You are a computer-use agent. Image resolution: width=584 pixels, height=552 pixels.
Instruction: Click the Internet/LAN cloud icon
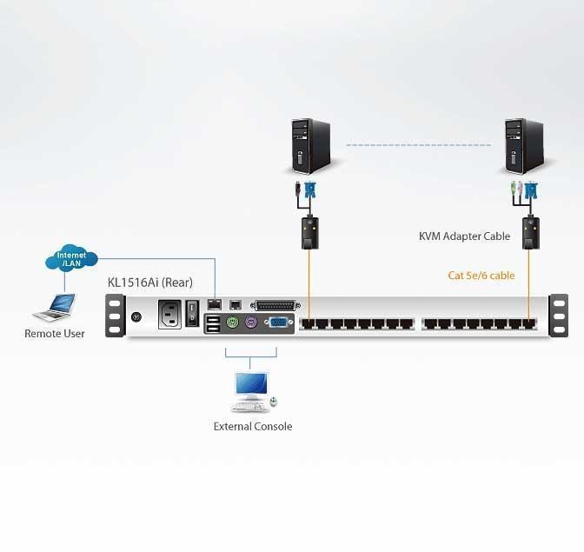tap(71, 258)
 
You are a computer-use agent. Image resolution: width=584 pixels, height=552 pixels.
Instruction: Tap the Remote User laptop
tap(56, 306)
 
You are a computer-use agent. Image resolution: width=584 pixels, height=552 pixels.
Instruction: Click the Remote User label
tap(55, 334)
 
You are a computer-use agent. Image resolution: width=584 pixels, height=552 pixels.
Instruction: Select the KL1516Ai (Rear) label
tap(149, 283)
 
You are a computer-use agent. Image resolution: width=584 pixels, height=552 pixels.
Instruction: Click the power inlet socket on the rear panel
tap(169, 313)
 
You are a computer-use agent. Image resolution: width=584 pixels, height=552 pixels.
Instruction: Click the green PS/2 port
tap(232, 323)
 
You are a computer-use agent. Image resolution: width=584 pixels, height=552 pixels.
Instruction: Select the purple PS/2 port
tap(250, 323)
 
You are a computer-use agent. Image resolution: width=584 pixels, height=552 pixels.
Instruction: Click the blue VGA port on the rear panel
tap(276, 323)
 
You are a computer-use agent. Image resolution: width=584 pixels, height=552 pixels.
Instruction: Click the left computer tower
tap(309, 146)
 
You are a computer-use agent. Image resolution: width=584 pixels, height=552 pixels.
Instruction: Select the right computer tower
tap(525, 146)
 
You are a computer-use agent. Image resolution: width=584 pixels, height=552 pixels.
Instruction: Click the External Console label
tap(253, 426)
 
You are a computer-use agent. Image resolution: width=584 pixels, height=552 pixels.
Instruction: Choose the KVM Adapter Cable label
tap(464, 236)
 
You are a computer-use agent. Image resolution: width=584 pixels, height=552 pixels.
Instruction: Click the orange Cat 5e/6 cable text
tap(481, 276)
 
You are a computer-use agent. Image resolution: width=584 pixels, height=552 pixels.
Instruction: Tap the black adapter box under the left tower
tap(309, 232)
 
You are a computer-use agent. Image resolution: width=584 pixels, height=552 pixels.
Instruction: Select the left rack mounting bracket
tap(114, 315)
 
